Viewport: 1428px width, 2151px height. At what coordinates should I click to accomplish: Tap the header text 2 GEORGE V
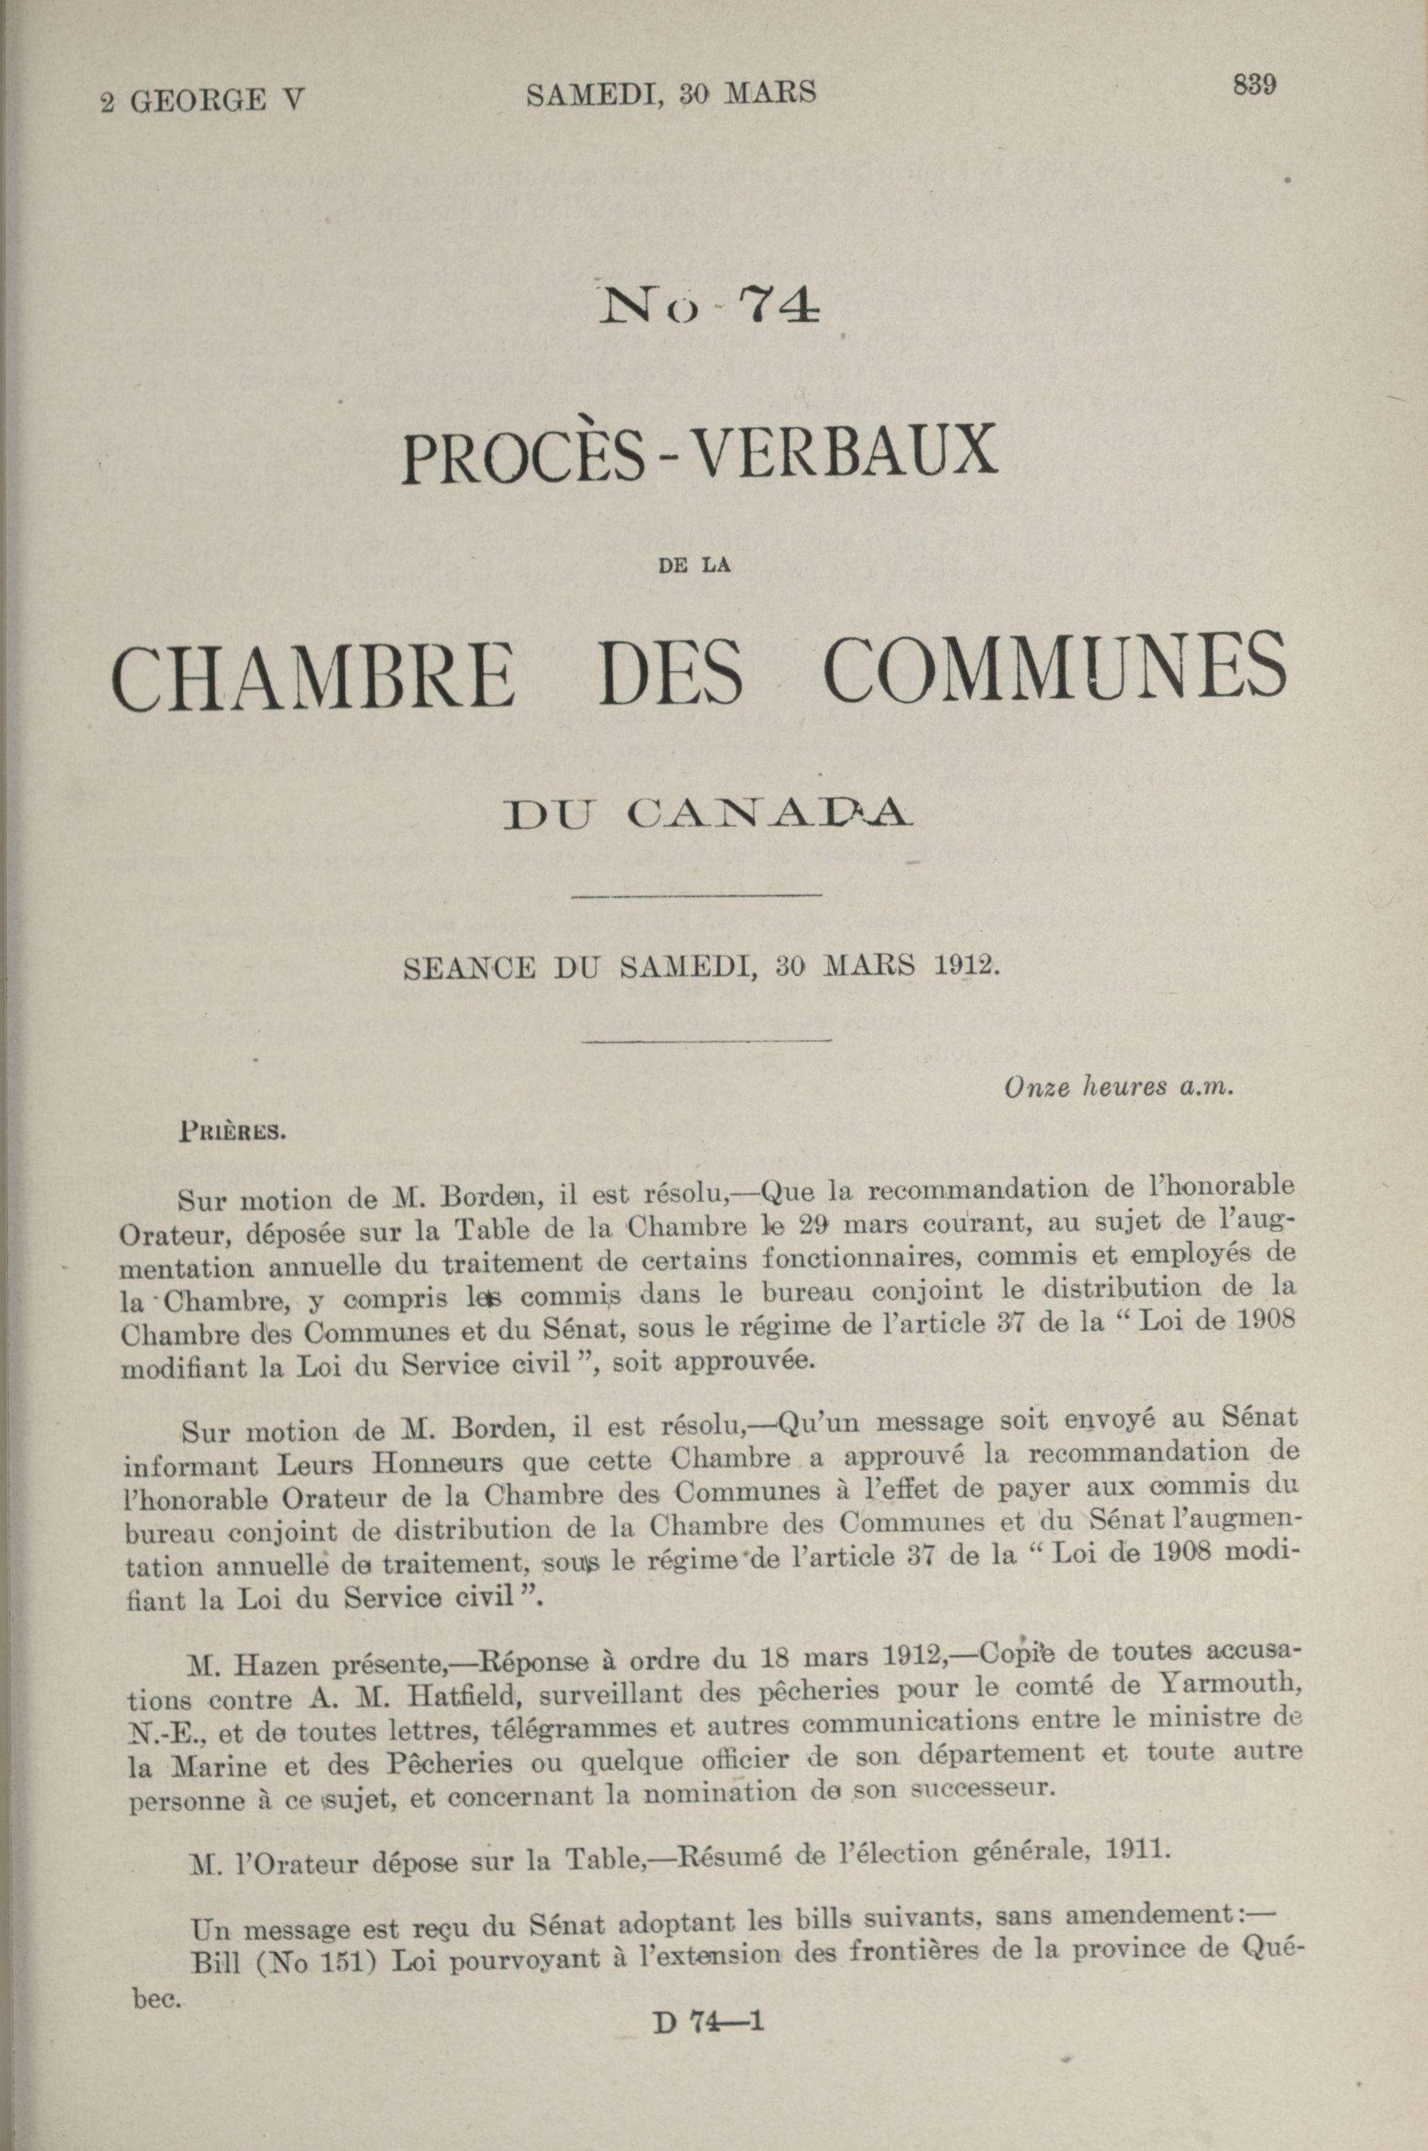[202, 100]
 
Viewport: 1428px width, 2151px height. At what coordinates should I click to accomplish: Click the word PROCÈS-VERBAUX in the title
[700, 454]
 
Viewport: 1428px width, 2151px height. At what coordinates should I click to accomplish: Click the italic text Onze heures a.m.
[1118, 1086]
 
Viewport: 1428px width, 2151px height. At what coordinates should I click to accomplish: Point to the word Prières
[234, 1136]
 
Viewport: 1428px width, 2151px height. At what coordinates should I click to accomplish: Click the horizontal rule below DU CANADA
[700, 897]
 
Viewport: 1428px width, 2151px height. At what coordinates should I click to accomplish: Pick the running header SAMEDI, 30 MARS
[671, 93]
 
